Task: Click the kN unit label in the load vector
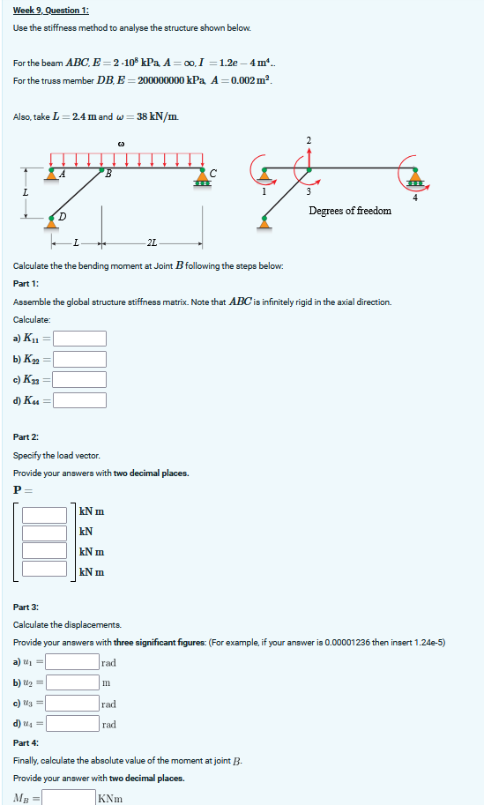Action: click(x=86, y=532)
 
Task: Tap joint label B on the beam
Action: click(x=108, y=173)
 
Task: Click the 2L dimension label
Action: click(x=153, y=242)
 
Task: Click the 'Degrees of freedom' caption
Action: click(x=350, y=211)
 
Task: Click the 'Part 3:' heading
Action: click(x=26, y=607)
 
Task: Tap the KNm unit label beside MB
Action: click(x=109, y=799)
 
